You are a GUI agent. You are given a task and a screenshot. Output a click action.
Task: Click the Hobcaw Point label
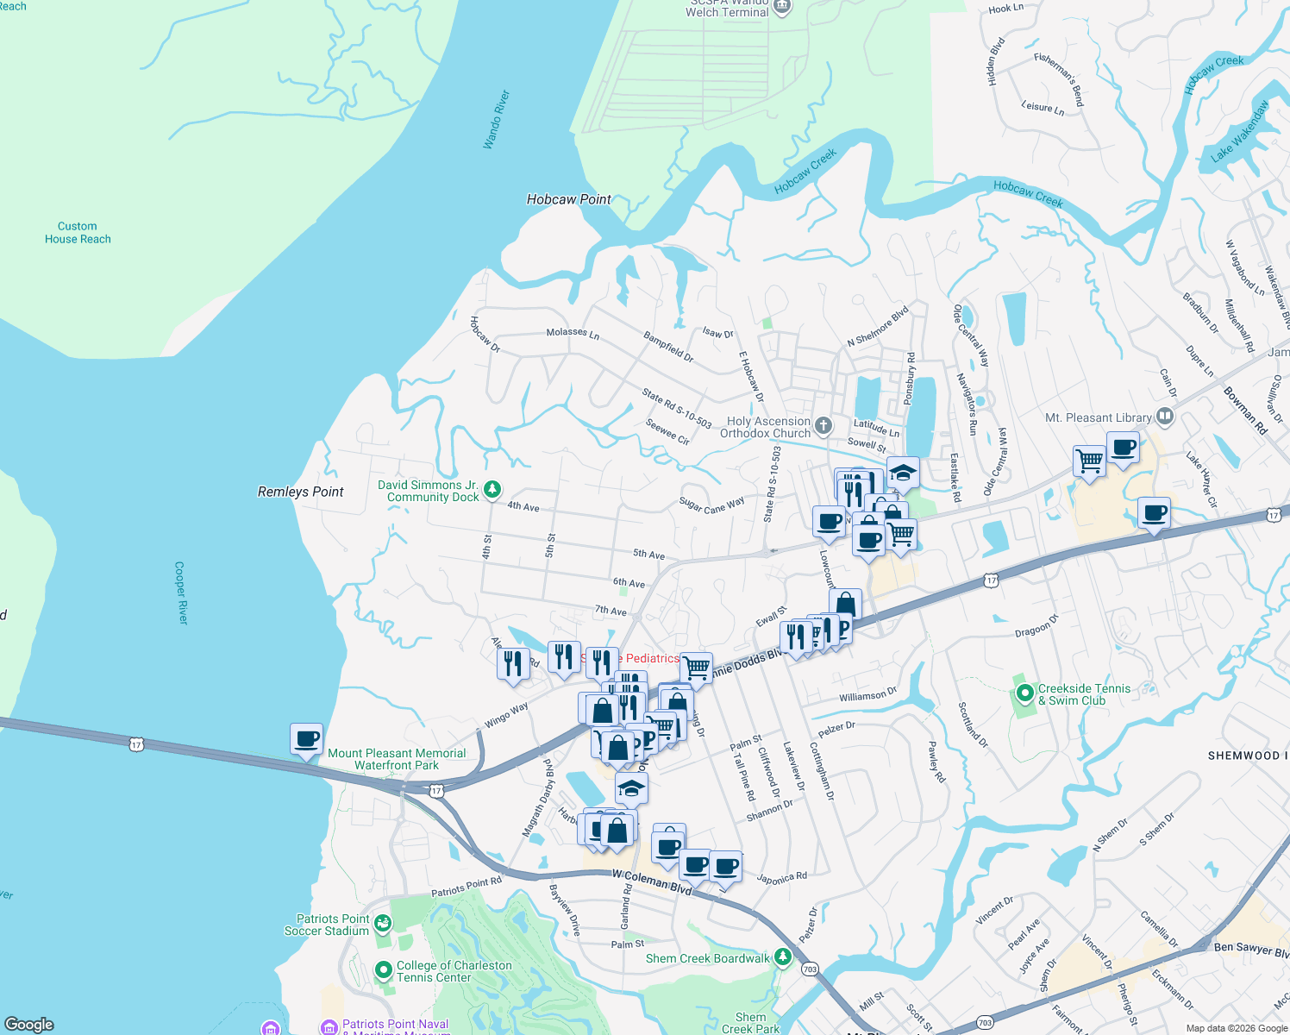[x=568, y=199]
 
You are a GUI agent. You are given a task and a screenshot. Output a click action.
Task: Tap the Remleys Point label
[x=300, y=492]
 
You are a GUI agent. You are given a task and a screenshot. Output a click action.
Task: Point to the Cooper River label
[x=180, y=593]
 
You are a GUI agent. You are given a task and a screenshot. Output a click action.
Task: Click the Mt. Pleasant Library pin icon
[x=1165, y=417]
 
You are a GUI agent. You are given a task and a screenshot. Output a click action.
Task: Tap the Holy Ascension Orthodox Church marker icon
[x=823, y=425]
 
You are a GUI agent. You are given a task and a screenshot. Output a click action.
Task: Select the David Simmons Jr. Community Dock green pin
[x=492, y=490]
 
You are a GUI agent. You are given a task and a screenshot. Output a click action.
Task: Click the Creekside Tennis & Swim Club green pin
[x=1024, y=693]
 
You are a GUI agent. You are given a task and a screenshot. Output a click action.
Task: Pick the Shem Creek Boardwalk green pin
[x=782, y=957]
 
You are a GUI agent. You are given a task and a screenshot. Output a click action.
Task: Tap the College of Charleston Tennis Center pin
[x=384, y=971]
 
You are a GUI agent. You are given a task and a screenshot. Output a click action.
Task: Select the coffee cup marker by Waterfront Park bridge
[x=306, y=739]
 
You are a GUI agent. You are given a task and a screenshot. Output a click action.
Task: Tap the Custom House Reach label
[x=78, y=233]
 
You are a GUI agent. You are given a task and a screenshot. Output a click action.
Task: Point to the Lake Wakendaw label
[x=1239, y=131]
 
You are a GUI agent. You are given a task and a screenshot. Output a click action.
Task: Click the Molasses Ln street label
[x=573, y=333]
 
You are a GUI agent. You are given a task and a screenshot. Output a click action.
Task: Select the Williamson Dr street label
[x=867, y=695]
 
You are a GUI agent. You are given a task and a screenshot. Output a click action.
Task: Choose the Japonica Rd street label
[x=781, y=878]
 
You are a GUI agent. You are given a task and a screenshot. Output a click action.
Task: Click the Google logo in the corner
[x=29, y=1024]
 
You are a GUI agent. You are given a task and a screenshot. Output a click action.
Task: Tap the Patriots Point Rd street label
[x=466, y=887]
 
